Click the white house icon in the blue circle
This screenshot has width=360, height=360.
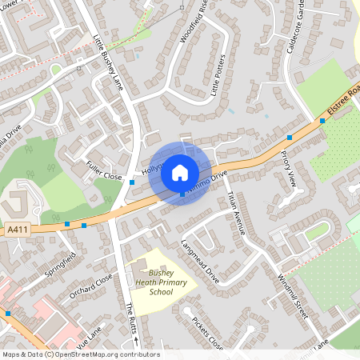(180, 172)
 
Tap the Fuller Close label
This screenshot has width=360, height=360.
(103, 170)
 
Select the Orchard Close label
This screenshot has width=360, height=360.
(90, 289)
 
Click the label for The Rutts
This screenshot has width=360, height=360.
(130, 320)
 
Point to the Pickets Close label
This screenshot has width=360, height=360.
(206, 333)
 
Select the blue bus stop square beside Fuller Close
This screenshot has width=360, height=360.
(132, 182)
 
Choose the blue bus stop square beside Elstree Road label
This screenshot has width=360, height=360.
(322, 121)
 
